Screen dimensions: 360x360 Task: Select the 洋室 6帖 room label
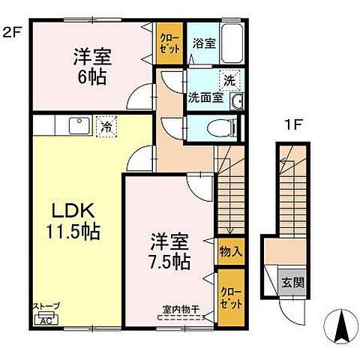point(90,66)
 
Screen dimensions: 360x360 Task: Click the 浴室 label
point(204,43)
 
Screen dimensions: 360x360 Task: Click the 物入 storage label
point(230,251)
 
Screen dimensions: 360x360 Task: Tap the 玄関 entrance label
point(292,283)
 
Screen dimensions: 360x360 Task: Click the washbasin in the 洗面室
point(238,102)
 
